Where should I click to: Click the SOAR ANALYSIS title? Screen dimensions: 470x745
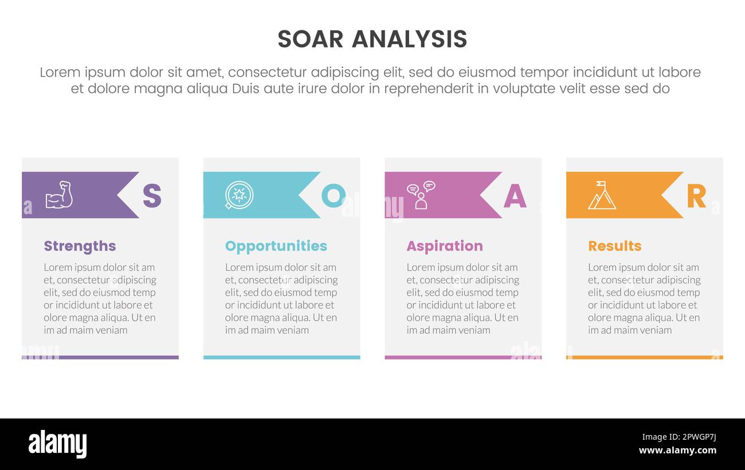point(372,40)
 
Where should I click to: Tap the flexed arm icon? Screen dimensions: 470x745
point(59,195)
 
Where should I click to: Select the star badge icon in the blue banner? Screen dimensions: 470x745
point(239,195)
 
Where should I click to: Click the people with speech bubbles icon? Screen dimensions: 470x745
point(421,195)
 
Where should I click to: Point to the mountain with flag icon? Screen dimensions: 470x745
point(601,196)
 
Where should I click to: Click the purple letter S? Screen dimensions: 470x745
point(152,196)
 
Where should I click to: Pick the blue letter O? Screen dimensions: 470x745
point(333,196)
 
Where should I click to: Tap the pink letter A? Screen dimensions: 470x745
point(515,196)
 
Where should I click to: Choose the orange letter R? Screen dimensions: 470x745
point(696,196)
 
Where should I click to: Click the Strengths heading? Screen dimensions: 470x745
point(80,246)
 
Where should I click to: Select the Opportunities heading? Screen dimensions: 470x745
point(276,246)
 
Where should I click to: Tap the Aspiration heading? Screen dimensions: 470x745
point(445,246)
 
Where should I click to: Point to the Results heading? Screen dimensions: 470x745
point(614,246)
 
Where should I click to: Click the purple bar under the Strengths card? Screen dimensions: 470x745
point(100,357)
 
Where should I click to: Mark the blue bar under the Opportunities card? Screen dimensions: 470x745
point(281,357)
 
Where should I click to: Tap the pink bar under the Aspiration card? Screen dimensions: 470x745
point(463,357)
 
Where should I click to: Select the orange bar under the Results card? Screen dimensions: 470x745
point(644,357)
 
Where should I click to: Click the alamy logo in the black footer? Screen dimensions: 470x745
point(57,444)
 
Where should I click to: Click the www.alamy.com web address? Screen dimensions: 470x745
point(677,451)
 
